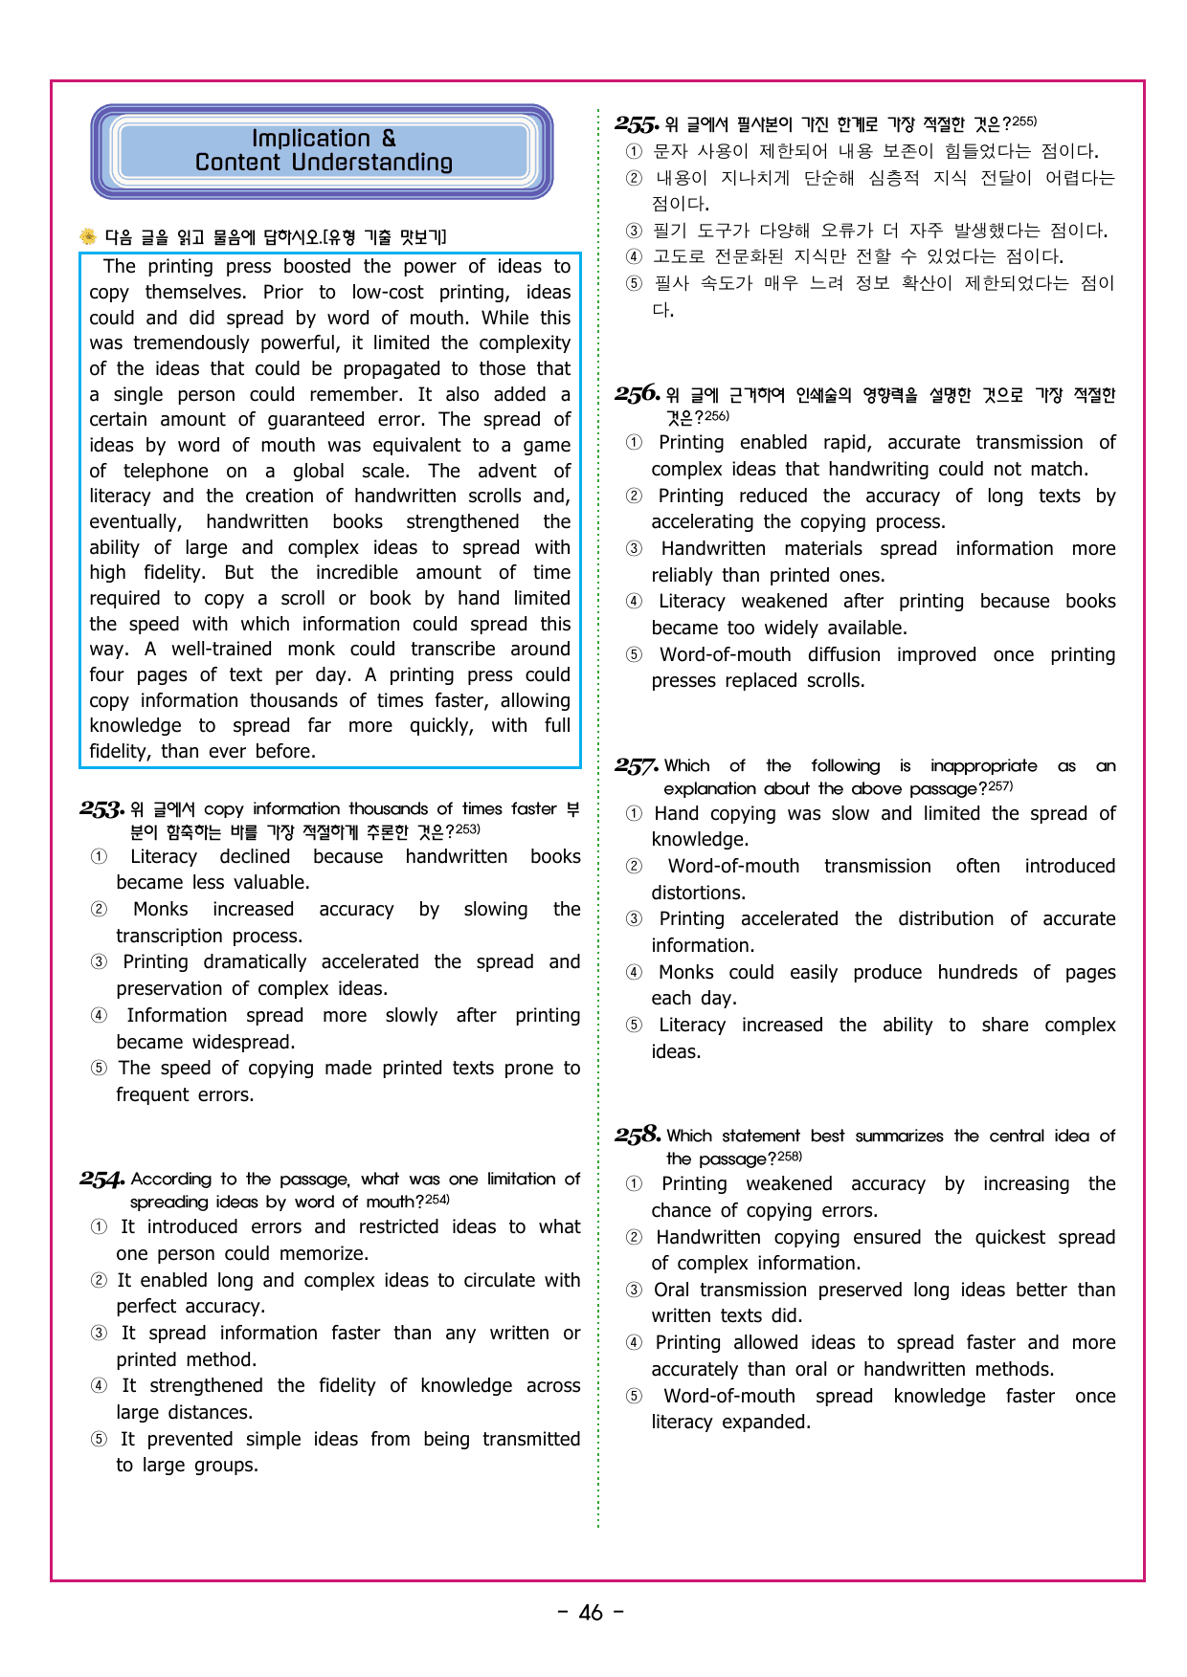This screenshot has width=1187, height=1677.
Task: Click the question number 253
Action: [x=101, y=809]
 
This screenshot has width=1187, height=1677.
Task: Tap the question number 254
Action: [x=101, y=1180]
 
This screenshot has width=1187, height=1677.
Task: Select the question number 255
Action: [x=637, y=124]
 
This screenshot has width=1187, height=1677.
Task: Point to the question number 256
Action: [x=637, y=394]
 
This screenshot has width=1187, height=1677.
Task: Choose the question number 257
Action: [x=637, y=766]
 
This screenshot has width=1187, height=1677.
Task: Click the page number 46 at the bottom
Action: [x=591, y=1613]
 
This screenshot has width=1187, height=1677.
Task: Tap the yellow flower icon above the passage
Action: [x=88, y=236]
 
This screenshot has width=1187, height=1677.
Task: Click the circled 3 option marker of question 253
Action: [x=100, y=962]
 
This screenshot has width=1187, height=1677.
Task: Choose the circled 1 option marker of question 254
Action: [x=100, y=1227]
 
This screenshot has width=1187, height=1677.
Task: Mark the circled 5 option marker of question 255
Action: [x=634, y=283]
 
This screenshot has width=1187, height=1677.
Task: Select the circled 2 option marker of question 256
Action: [x=634, y=496]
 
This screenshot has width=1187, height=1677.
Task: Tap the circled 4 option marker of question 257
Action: [x=634, y=973]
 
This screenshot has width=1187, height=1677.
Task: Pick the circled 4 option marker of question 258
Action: [x=634, y=1343]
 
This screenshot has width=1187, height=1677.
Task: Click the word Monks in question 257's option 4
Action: [x=686, y=973]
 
